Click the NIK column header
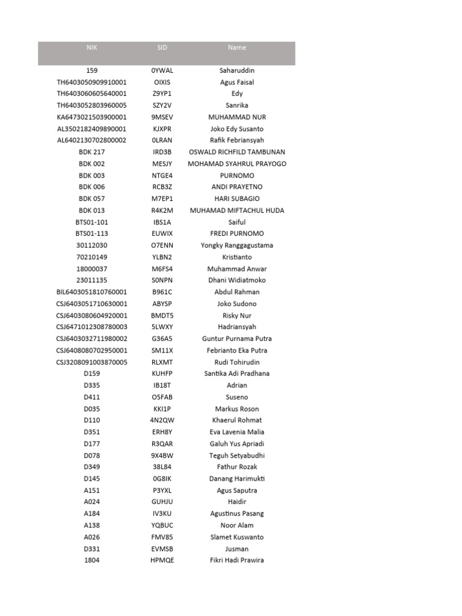[91, 48]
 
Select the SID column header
[162, 48]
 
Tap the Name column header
[237, 48]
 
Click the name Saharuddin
[237, 70]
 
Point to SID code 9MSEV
[162, 117]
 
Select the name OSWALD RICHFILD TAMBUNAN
[237, 152]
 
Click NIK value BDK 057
[91, 199]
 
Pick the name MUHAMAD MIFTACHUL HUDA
[237, 211]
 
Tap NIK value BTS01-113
[91, 233]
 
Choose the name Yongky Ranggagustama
[237, 245]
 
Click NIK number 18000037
[91, 269]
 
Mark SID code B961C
[162, 292]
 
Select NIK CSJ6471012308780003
[91, 327]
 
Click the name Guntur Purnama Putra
[237, 339]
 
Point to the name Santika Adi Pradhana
[237, 374]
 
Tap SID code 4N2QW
[162, 420]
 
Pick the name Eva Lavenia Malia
[237, 432]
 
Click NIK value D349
[91, 467]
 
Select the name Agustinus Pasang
[237, 514]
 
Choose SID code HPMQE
[162, 561]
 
